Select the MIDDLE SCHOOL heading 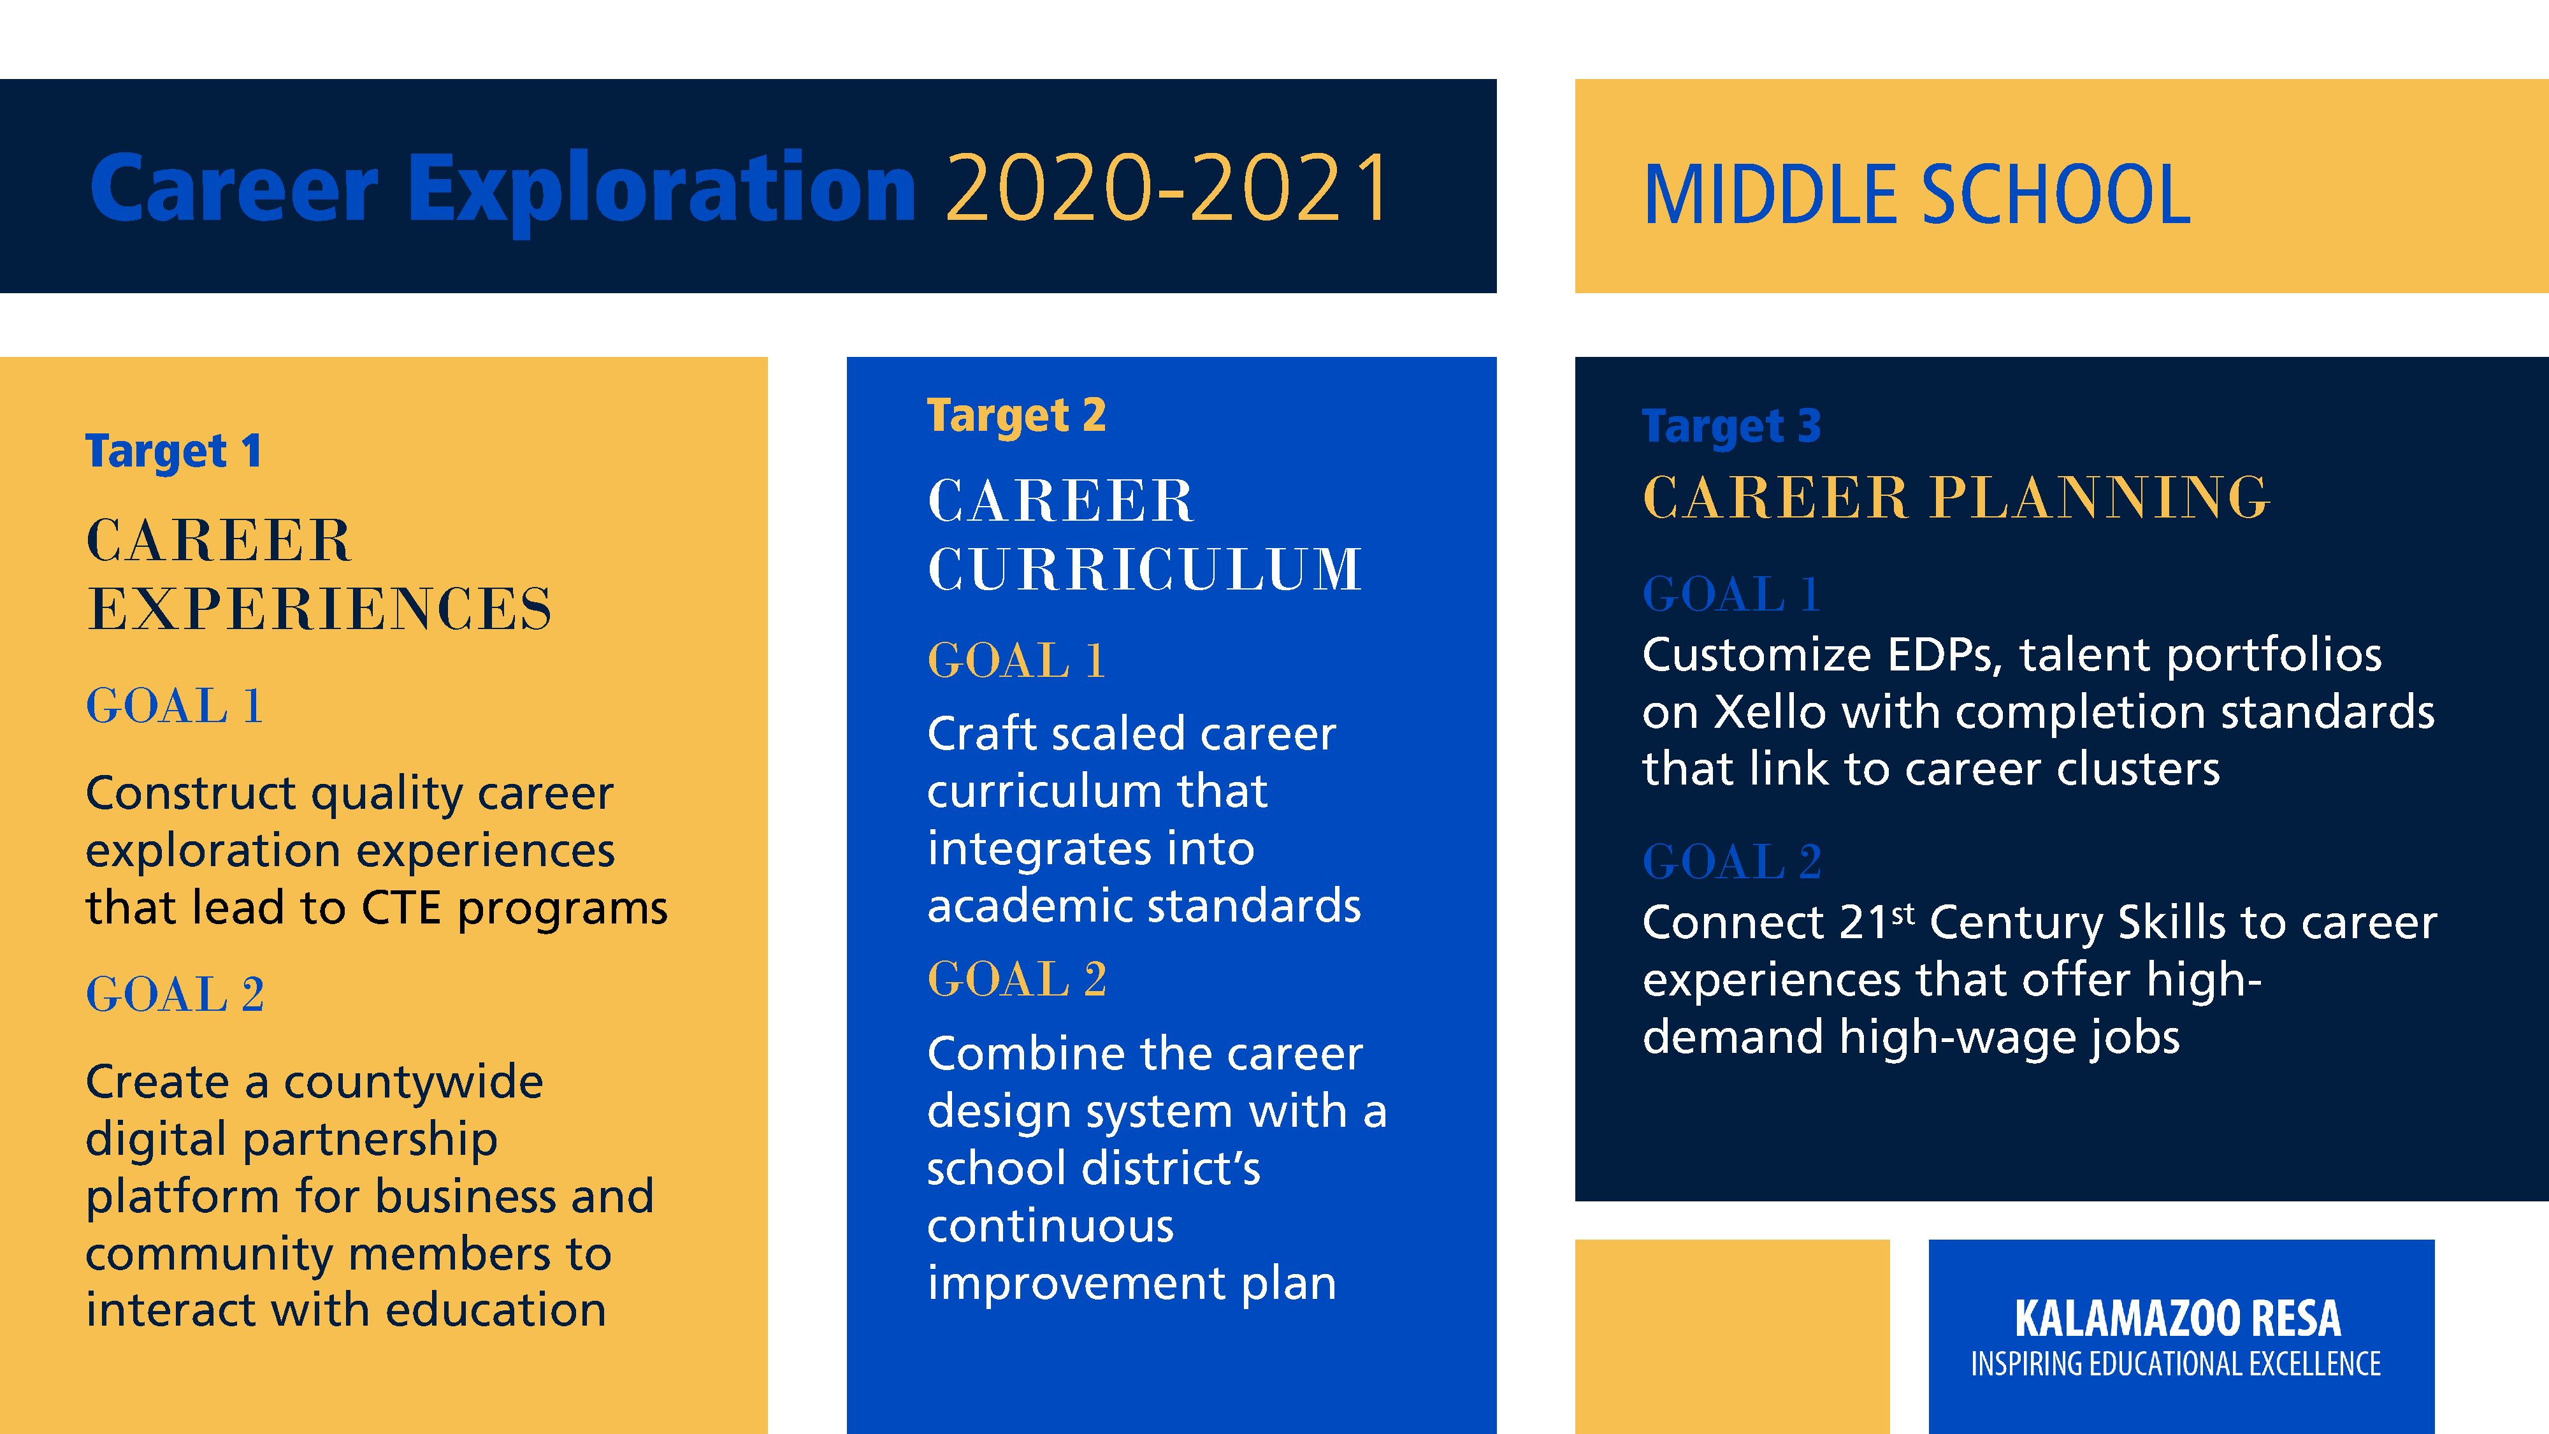click(x=1917, y=195)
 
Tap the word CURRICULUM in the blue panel click(x=1145, y=569)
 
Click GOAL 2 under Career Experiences click(x=175, y=994)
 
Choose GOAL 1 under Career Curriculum click(x=1016, y=660)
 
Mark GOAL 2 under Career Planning click(x=1731, y=861)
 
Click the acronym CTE click(x=401, y=908)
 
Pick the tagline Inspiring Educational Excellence click(x=2176, y=1364)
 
